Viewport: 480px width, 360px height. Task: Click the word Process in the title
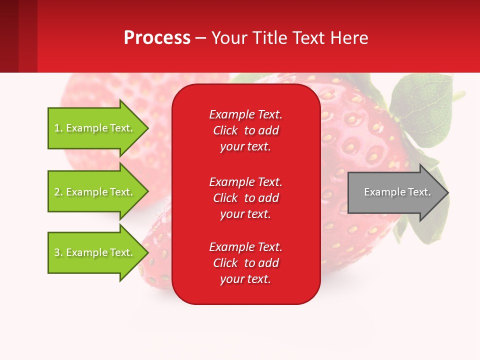point(157,38)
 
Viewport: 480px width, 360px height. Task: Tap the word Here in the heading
point(349,38)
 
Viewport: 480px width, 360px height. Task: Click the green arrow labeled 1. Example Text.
point(98,128)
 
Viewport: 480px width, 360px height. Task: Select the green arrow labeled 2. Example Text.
point(98,191)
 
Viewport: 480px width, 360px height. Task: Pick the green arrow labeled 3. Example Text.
point(98,252)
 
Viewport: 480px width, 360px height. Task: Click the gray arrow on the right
point(398,192)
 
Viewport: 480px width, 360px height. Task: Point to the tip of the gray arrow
point(448,192)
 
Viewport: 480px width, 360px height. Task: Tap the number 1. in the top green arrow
point(58,128)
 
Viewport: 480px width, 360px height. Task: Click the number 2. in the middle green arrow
point(58,192)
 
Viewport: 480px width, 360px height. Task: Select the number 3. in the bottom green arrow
point(58,252)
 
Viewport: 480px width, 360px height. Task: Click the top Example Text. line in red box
point(246,114)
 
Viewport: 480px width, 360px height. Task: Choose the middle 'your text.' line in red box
point(245,214)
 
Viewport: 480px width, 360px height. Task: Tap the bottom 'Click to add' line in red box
point(246,262)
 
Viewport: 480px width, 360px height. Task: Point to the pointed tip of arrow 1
point(148,128)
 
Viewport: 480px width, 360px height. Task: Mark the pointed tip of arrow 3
point(148,253)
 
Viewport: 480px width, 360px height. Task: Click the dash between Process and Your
point(201,39)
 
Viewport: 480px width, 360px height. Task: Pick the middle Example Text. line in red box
point(246,182)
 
